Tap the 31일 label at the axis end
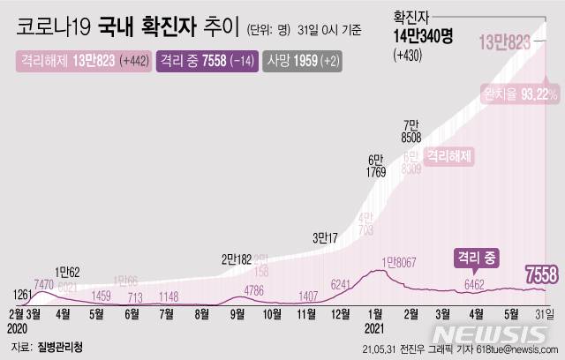[544, 312]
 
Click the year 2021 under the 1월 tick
[373, 326]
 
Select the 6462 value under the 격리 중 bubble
[475, 285]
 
